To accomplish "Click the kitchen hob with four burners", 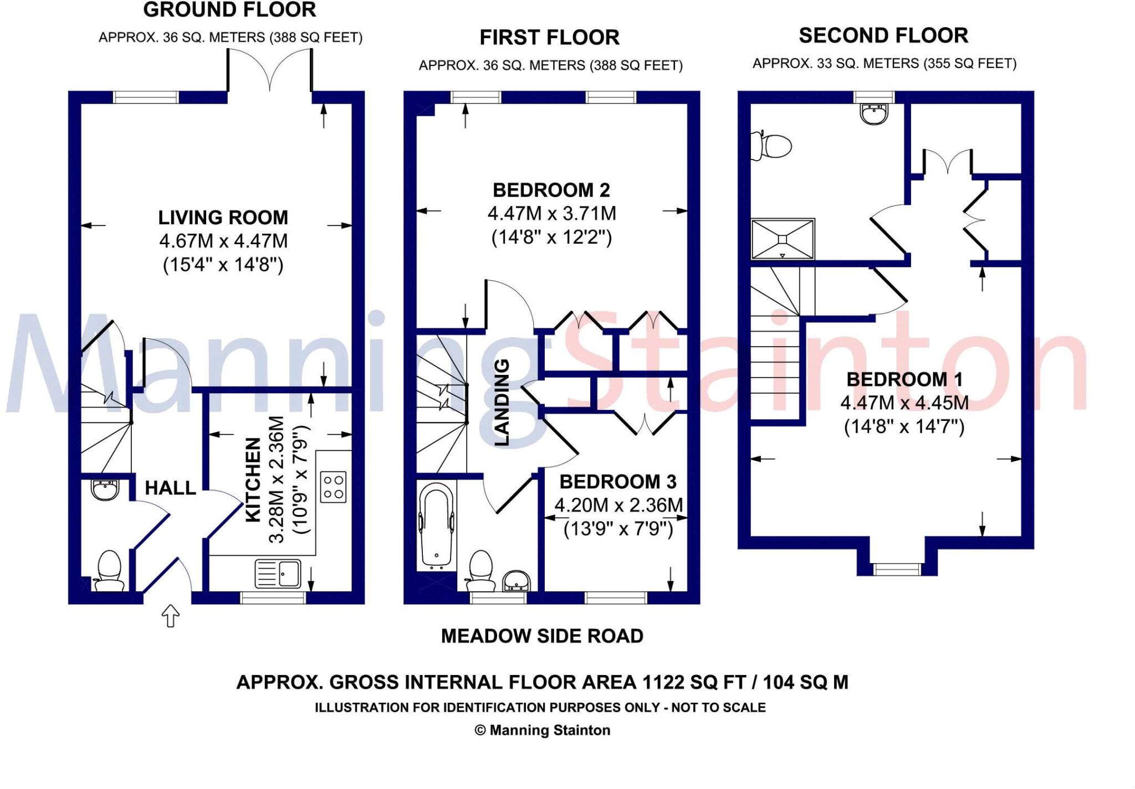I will tap(333, 487).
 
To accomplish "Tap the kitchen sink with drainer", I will tap(278, 574).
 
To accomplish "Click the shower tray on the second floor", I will tap(783, 239).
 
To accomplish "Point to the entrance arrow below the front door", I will tap(170, 616).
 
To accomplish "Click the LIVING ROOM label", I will tap(223, 218).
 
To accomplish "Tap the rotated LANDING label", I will tap(502, 403).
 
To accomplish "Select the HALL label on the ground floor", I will tap(170, 488).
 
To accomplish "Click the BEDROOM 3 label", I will tap(617, 482).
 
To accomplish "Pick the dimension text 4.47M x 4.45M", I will tap(904, 403).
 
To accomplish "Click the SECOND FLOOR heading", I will tap(883, 35).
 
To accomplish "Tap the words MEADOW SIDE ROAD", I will tap(541, 636).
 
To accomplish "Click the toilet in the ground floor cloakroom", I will tap(109, 570).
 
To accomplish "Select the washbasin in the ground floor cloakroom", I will tap(104, 490).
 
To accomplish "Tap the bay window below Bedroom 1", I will tap(896, 569).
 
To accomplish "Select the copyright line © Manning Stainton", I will tap(541, 730).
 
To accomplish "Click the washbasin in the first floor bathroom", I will tap(517, 581).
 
